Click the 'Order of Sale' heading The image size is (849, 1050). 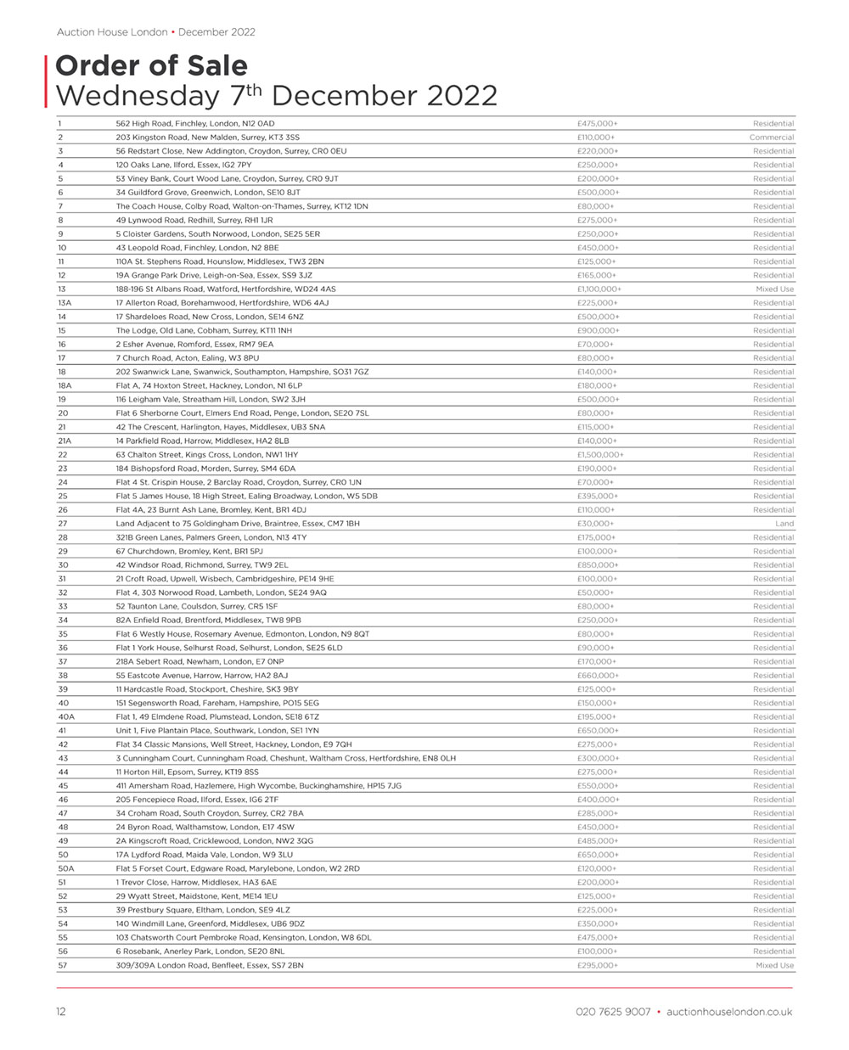point(151,66)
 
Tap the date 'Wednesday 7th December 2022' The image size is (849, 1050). point(276,95)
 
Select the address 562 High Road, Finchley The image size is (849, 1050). point(195,124)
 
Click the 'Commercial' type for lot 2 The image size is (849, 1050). point(771,138)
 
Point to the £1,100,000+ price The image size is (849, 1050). point(599,289)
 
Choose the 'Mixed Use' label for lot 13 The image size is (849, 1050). point(774,289)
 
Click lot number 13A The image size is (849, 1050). point(65,303)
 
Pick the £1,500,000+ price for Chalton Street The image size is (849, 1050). point(600,455)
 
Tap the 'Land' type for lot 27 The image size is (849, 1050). point(784,524)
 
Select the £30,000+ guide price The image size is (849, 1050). point(595,524)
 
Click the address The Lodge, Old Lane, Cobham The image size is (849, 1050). point(204,331)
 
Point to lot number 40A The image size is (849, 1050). point(66,717)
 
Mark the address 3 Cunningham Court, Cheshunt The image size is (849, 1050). point(285,759)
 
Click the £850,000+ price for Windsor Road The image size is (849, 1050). point(598,565)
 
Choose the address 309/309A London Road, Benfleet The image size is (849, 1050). point(210,966)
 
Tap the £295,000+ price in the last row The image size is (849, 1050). point(598,966)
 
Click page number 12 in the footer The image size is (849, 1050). point(60,1012)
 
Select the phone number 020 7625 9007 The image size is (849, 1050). point(612,1012)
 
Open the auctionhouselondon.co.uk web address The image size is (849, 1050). point(729,1012)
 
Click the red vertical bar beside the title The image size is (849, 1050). point(46,81)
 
